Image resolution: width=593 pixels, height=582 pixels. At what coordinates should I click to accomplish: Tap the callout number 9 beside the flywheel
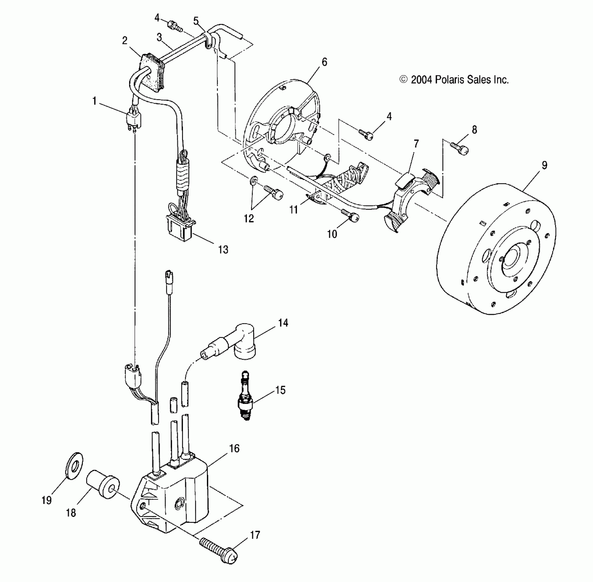(x=544, y=165)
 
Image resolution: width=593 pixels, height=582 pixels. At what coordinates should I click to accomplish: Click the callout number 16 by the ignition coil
(x=234, y=448)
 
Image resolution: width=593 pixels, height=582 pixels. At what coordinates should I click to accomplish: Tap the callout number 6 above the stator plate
(x=324, y=62)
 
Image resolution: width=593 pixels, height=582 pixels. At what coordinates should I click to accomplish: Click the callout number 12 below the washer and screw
(x=249, y=218)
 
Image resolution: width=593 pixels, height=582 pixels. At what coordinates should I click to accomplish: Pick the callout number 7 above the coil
(x=416, y=144)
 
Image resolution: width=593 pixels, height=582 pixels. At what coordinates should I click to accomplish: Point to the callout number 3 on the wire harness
(x=159, y=37)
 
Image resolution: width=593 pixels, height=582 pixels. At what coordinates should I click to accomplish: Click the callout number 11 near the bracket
(x=294, y=209)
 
